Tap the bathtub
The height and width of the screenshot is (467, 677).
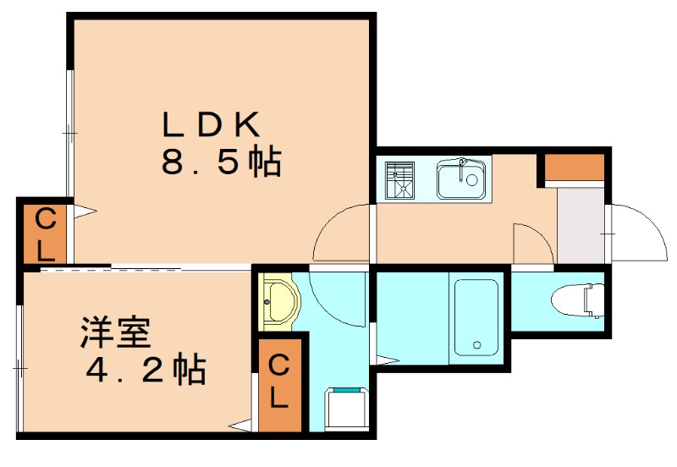pos(477,316)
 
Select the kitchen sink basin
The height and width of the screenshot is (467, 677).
pos(460,179)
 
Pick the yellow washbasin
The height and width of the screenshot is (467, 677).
pos(278,302)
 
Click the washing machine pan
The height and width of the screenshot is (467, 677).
pos(344,408)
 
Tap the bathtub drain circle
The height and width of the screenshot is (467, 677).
pos(477,344)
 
